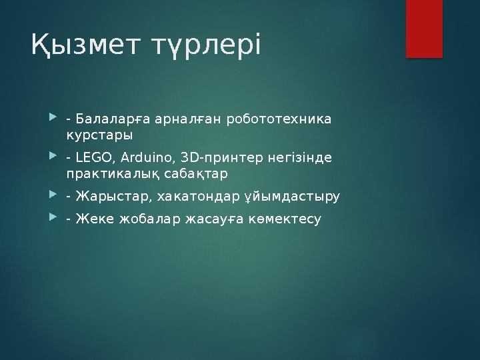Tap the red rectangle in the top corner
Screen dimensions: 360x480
425,29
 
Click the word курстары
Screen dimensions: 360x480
99,135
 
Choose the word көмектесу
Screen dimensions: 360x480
288,219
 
